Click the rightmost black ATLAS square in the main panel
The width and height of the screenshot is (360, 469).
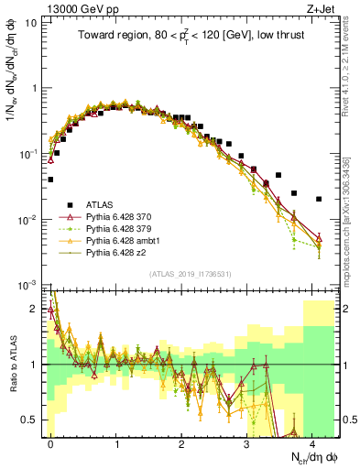[318, 199]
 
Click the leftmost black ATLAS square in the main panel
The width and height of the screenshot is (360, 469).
[51, 180]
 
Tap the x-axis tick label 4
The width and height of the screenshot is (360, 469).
[312, 442]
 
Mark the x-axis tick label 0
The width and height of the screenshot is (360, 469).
[50, 442]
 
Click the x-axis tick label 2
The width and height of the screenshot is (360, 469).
[181, 442]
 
